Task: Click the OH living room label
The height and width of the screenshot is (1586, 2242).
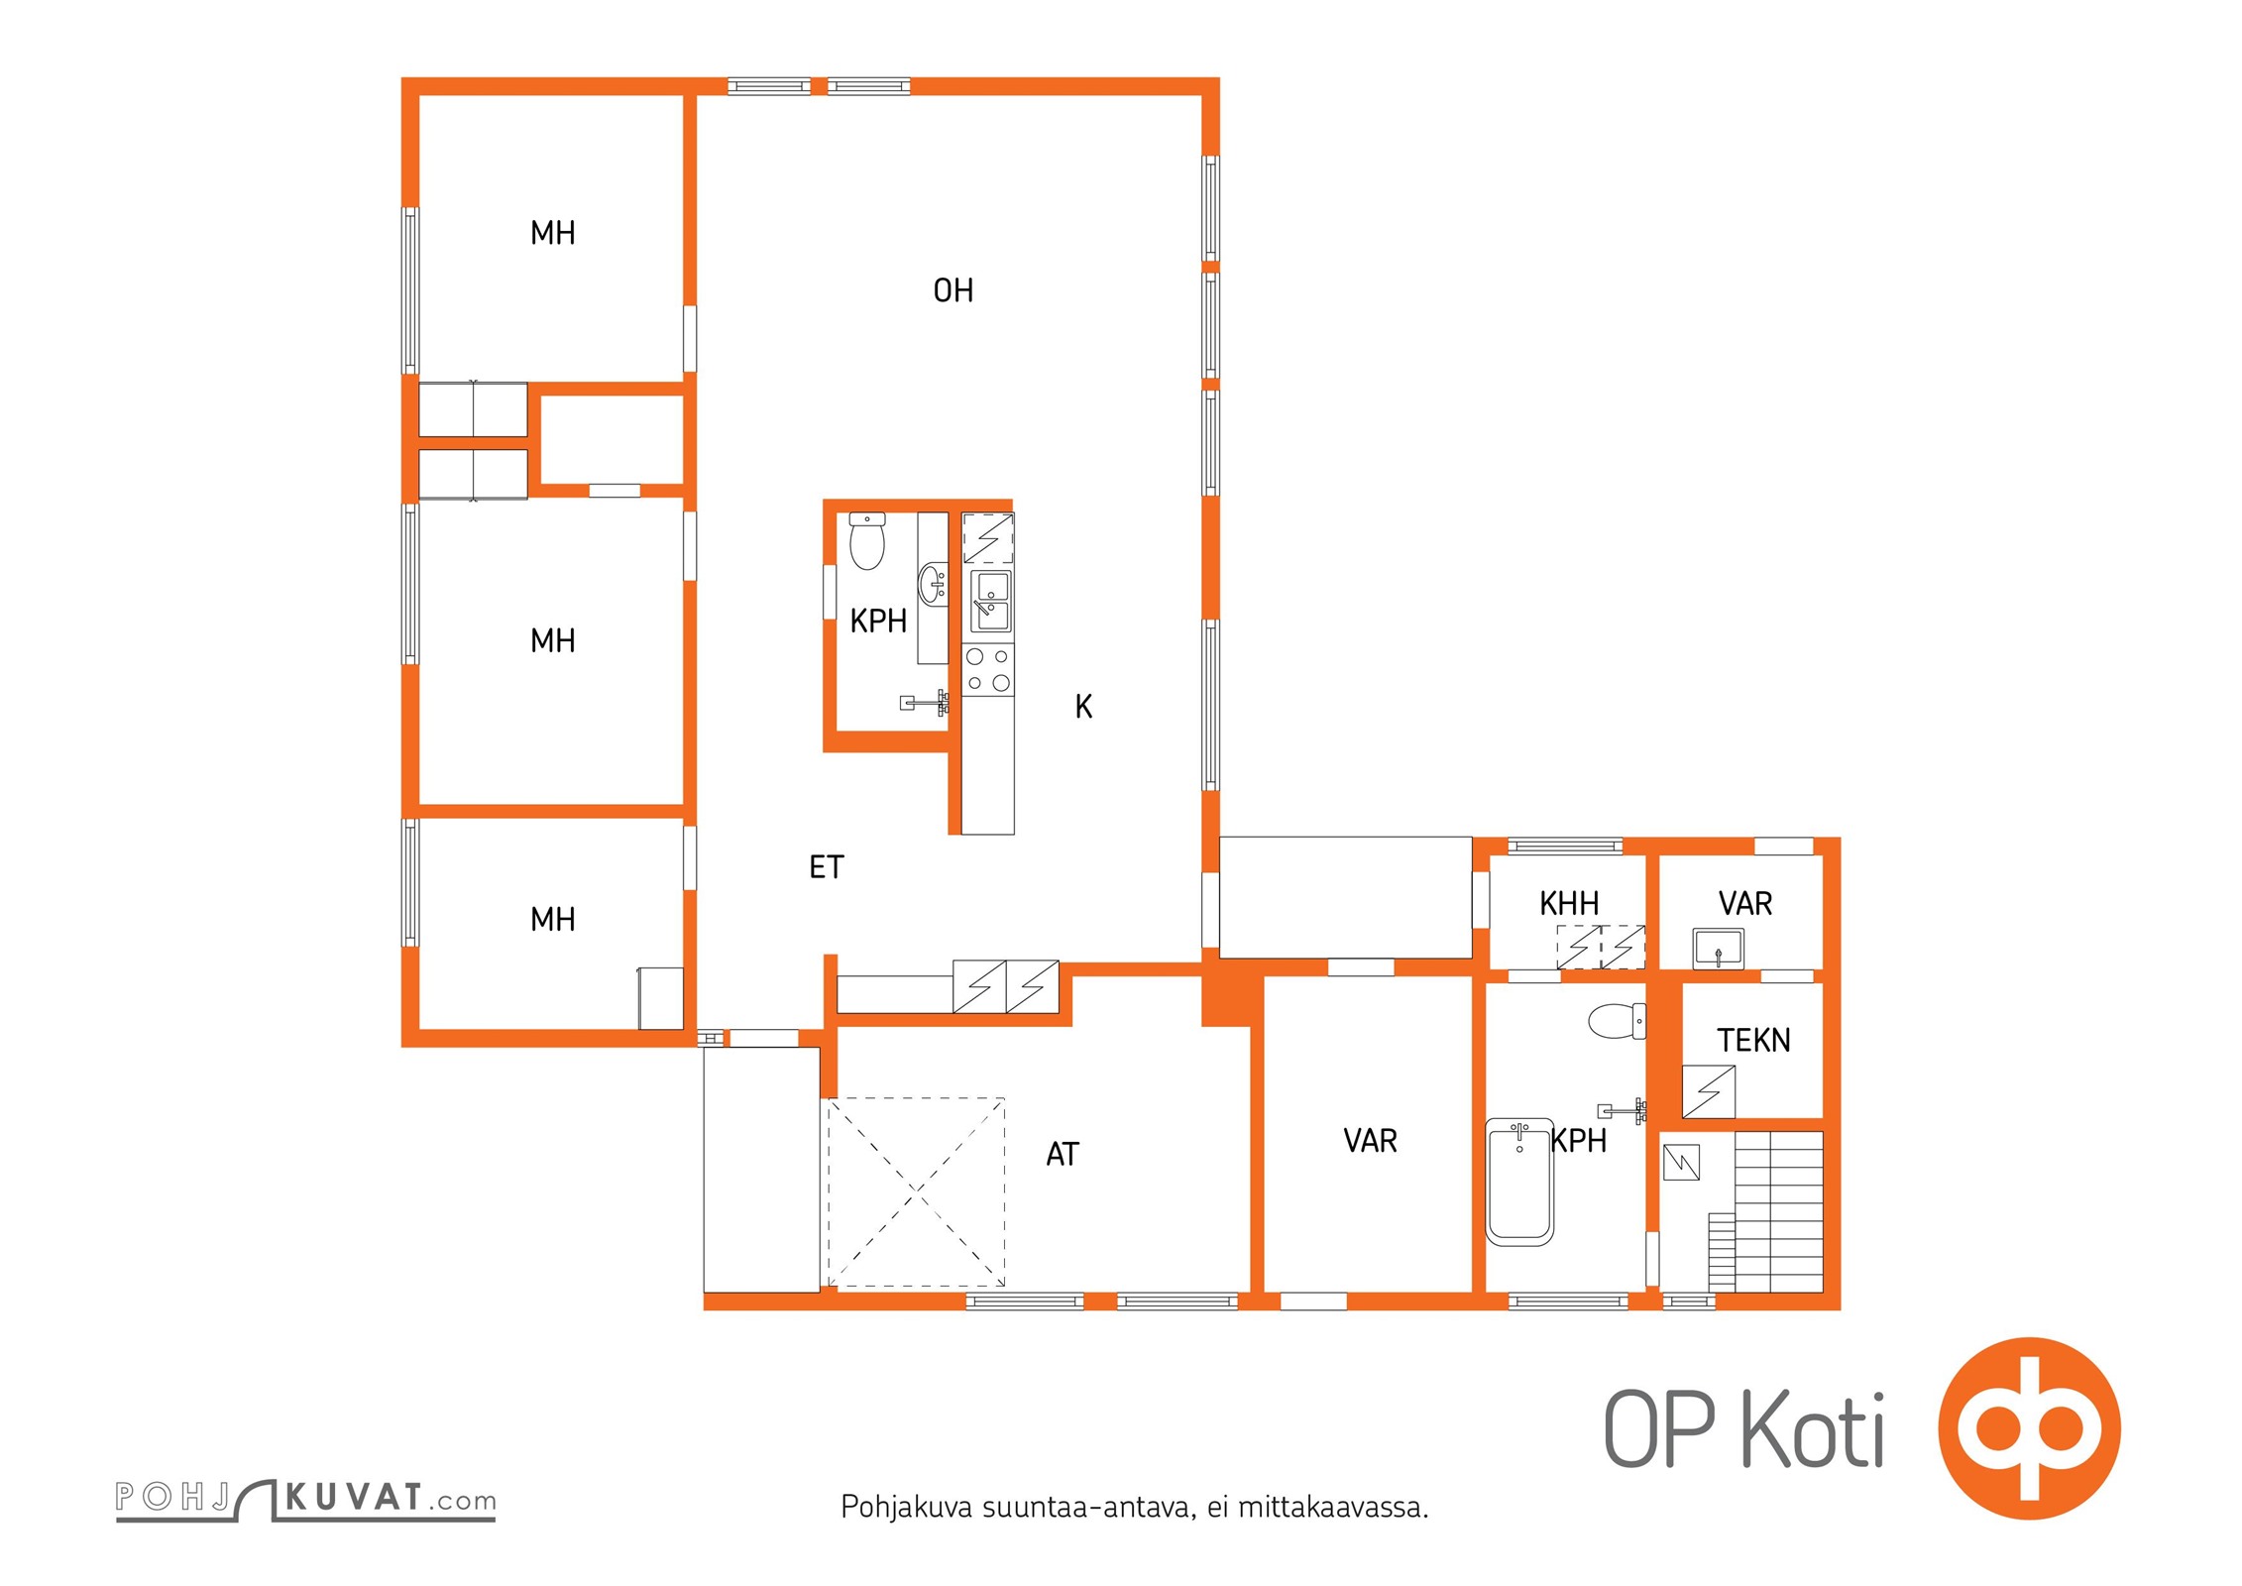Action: point(953,290)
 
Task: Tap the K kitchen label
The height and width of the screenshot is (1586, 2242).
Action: point(1083,706)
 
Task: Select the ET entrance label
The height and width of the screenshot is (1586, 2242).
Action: point(826,867)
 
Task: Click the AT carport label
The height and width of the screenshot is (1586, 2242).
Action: point(1062,1154)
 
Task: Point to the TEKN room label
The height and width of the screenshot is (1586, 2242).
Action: point(1753,1040)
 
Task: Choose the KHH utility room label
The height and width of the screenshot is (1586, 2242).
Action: point(1569,903)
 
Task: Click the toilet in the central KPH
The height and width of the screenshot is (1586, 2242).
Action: point(867,540)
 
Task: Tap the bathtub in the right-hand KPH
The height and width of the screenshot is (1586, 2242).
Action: point(1519,1182)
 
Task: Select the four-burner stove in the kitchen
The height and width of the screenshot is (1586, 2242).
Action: point(988,669)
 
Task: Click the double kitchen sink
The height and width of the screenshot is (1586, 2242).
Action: point(989,601)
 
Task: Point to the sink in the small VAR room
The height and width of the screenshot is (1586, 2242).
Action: point(1718,948)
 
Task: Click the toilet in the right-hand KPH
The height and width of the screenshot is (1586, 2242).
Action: point(1617,1020)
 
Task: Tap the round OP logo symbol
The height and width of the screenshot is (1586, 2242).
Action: point(2029,1428)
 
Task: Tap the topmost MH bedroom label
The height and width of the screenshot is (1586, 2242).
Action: point(552,233)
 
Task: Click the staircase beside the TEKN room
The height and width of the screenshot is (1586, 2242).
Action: point(1765,1211)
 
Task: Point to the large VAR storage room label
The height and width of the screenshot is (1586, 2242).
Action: point(1370,1141)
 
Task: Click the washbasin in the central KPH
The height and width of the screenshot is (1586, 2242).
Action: point(934,584)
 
